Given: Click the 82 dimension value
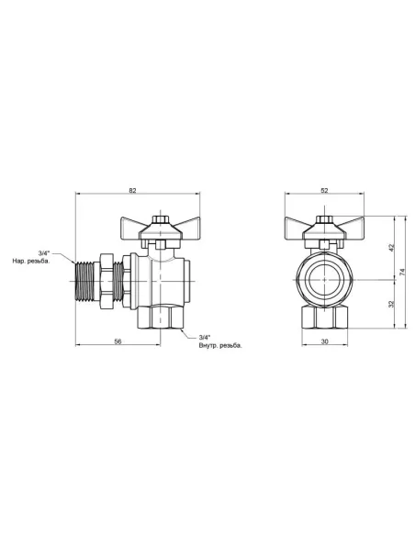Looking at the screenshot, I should pos(132,190).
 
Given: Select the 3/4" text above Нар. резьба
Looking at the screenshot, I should pos(45,251).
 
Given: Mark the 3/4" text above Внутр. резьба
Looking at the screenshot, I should pos(204,338).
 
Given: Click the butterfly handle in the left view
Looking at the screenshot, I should pos(160,227).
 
